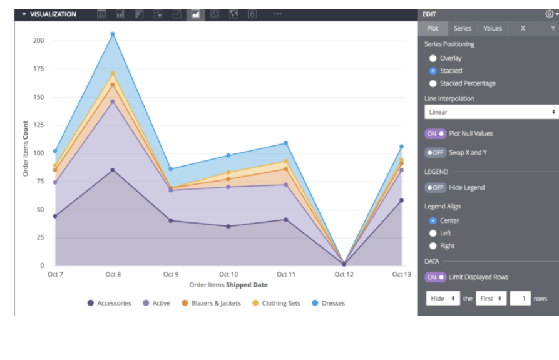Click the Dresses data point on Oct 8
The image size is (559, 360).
pyautogui.click(x=113, y=34)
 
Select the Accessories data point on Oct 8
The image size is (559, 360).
pyautogui.click(x=113, y=170)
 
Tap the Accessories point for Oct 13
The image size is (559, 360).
pyautogui.click(x=401, y=200)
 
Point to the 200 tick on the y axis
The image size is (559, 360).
pyautogui.click(x=39, y=41)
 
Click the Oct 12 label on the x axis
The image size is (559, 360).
pyautogui.click(x=344, y=274)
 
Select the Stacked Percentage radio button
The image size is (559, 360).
pyautogui.click(x=433, y=83)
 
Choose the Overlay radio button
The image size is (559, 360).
pyautogui.click(x=433, y=58)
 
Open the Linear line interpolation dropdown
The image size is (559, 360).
pyautogui.click(x=491, y=112)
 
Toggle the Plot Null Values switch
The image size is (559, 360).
pyautogui.click(x=436, y=133)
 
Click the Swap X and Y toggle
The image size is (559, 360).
pyautogui.click(x=436, y=152)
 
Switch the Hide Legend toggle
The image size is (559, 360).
pyautogui.click(x=436, y=187)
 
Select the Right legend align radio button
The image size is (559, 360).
pyautogui.click(x=433, y=246)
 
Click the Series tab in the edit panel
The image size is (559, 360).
pyautogui.click(x=463, y=28)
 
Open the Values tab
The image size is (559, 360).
pyautogui.click(x=493, y=28)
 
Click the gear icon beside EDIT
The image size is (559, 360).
pyautogui.click(x=549, y=14)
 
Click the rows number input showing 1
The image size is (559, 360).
pyautogui.click(x=520, y=299)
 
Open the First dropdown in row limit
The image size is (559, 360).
pyautogui.click(x=491, y=299)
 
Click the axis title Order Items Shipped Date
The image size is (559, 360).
pyautogui.click(x=228, y=285)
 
